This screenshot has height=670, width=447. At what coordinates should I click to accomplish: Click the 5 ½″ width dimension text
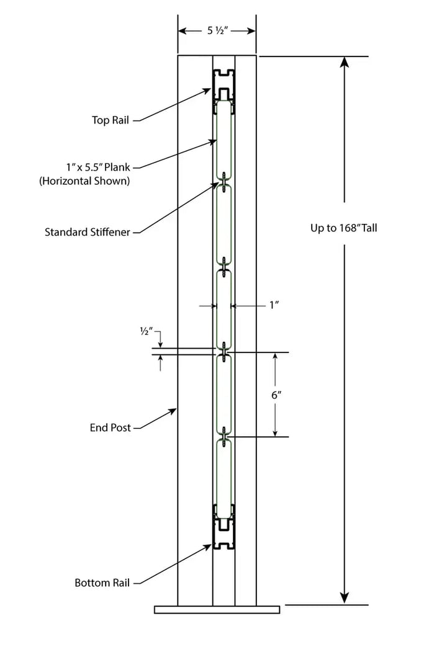[217, 30]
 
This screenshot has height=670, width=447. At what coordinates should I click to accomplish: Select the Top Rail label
[111, 120]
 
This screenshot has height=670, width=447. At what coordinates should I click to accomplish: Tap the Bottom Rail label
[102, 583]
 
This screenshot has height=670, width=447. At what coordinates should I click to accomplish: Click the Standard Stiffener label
[88, 233]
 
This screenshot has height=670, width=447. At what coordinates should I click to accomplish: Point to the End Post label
[111, 428]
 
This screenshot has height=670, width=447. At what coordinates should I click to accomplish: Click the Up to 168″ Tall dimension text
[343, 228]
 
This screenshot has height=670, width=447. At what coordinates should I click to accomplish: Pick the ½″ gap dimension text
[147, 332]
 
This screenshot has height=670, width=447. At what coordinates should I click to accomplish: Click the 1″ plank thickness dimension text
[274, 305]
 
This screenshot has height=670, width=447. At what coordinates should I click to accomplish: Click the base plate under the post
[217, 609]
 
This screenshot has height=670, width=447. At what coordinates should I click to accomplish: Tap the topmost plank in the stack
[223, 140]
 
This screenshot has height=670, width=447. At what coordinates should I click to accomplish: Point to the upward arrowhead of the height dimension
[345, 62]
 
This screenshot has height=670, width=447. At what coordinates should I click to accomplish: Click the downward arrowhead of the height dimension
[345, 598]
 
